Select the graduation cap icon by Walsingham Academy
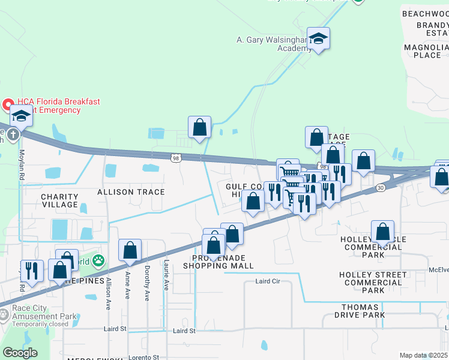pos(318,39)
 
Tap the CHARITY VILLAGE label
pos(59,200)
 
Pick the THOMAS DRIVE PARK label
pos(359,310)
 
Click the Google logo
pos(20,353)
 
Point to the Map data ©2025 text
pos(423,355)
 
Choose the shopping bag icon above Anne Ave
pos(130,250)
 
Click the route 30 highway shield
pos(381,188)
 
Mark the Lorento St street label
pos(144,357)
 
